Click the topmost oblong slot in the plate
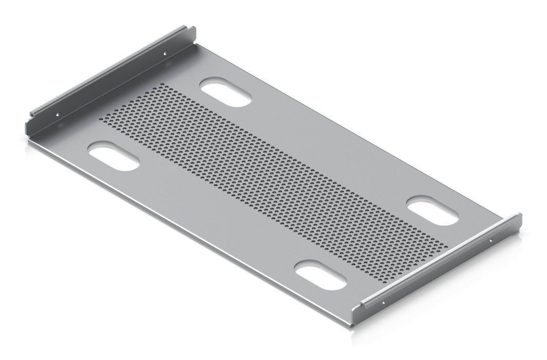click(226, 92)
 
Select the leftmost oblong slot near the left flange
click(114, 156)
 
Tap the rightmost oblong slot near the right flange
click(433, 212)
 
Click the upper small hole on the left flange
click(165, 52)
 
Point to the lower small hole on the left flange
click(58, 115)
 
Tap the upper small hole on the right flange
click(490, 240)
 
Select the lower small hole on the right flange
click(383, 303)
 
